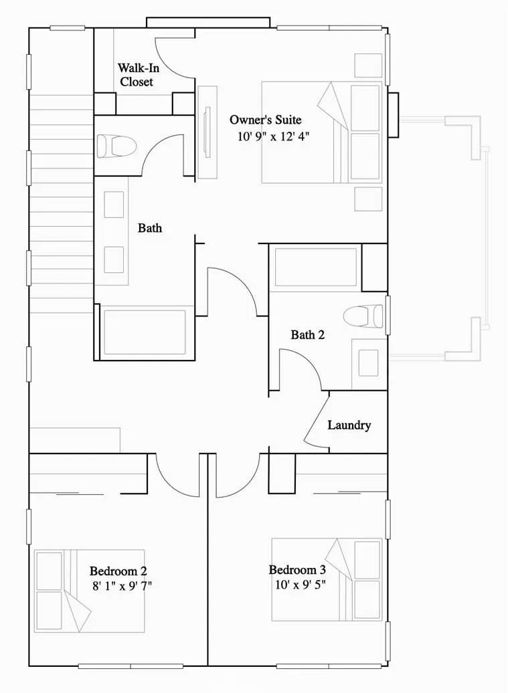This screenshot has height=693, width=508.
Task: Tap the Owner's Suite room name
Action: [265, 120]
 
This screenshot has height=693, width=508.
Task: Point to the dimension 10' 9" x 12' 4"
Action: [273, 136]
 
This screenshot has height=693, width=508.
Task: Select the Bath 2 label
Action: [307, 335]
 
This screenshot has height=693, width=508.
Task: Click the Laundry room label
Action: [349, 425]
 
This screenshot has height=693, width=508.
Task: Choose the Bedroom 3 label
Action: [297, 570]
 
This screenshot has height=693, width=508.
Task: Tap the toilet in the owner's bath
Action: [116, 145]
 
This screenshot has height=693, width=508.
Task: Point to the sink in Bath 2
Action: [367, 362]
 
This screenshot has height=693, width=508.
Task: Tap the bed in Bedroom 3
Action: [327, 579]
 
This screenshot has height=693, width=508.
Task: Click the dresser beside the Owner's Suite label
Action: [207, 132]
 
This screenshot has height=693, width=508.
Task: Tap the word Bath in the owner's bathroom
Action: [150, 228]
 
